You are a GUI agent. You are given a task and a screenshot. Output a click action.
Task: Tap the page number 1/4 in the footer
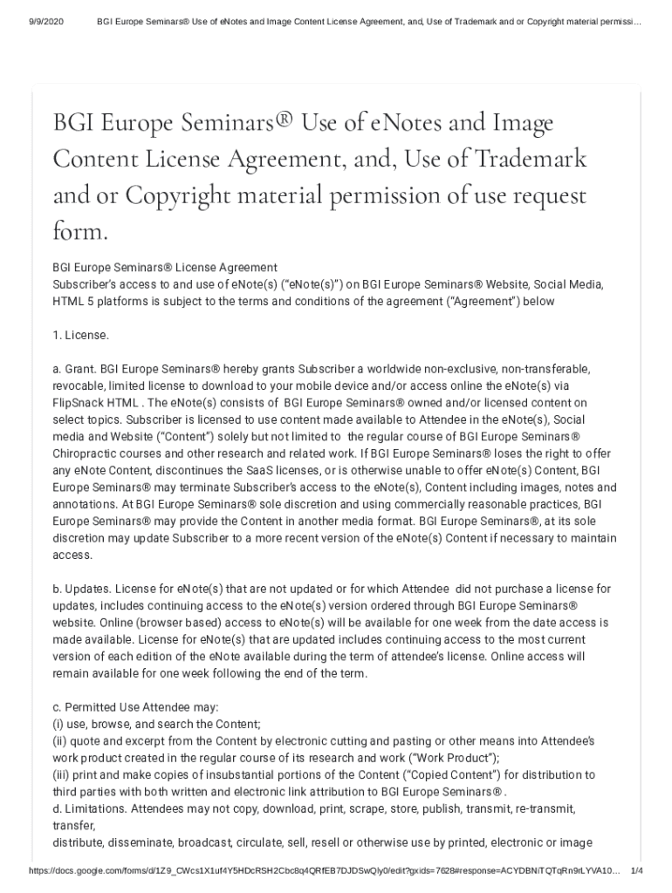point(636,871)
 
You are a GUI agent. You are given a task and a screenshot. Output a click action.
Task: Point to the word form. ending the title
point(80,232)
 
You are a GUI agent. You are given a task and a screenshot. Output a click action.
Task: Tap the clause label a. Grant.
point(74,369)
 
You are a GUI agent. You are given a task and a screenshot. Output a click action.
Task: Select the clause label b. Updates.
point(80,590)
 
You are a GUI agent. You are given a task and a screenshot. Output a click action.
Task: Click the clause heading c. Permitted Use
point(113,707)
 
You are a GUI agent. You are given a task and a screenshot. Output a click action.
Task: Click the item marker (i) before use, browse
point(58,724)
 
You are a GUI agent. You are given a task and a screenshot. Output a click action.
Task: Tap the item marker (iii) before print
point(62,774)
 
